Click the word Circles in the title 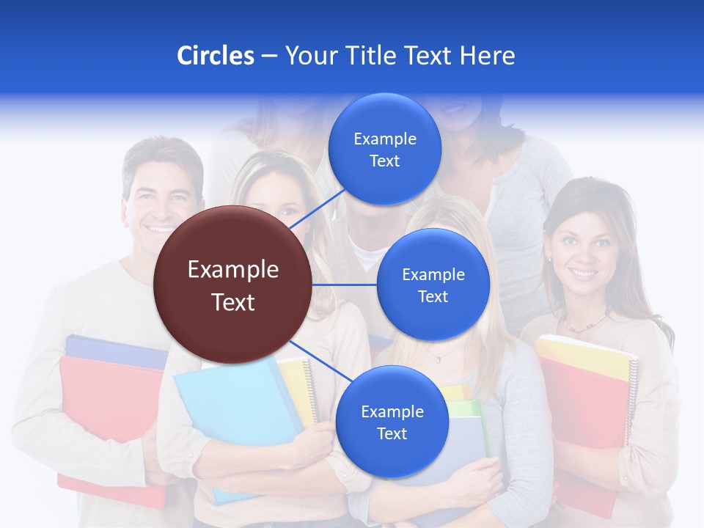(215, 56)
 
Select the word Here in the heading (487, 56)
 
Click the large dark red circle (232, 285)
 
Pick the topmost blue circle (385, 149)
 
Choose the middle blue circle (433, 285)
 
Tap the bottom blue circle (392, 422)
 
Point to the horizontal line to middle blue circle (345, 285)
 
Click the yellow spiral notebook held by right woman (587, 357)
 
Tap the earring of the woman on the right (548, 258)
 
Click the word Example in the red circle (232, 270)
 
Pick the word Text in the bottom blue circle (392, 433)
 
